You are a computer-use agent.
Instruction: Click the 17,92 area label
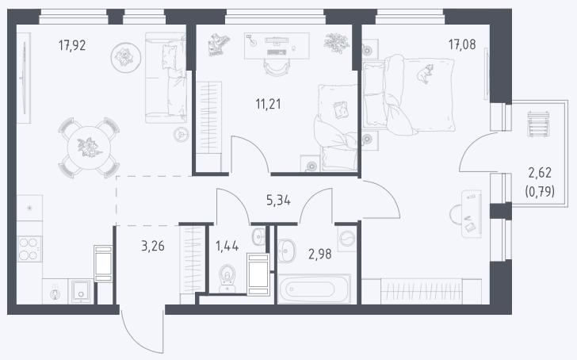[x=72, y=45]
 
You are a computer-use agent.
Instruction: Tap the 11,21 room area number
[x=268, y=104]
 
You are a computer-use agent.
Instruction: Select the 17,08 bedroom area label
[x=462, y=44]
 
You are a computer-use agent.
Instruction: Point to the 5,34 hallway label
[x=278, y=201]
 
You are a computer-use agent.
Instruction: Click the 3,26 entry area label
[x=153, y=246]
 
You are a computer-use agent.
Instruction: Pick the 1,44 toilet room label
[x=227, y=246]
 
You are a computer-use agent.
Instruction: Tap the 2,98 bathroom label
[x=319, y=254]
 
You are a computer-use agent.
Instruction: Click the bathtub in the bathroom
[x=314, y=289]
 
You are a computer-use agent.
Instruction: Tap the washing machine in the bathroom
[x=346, y=239]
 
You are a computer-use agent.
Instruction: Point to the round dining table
[x=89, y=147]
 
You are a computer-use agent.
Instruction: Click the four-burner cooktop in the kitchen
[x=29, y=249]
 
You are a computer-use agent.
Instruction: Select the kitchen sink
[x=80, y=291]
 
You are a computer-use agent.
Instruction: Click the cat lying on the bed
[x=425, y=74]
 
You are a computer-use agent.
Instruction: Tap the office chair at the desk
[x=277, y=68]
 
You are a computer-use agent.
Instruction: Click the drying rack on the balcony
[x=538, y=124]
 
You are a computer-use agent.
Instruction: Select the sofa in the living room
[x=165, y=78]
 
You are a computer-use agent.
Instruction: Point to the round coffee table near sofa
[x=126, y=57]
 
